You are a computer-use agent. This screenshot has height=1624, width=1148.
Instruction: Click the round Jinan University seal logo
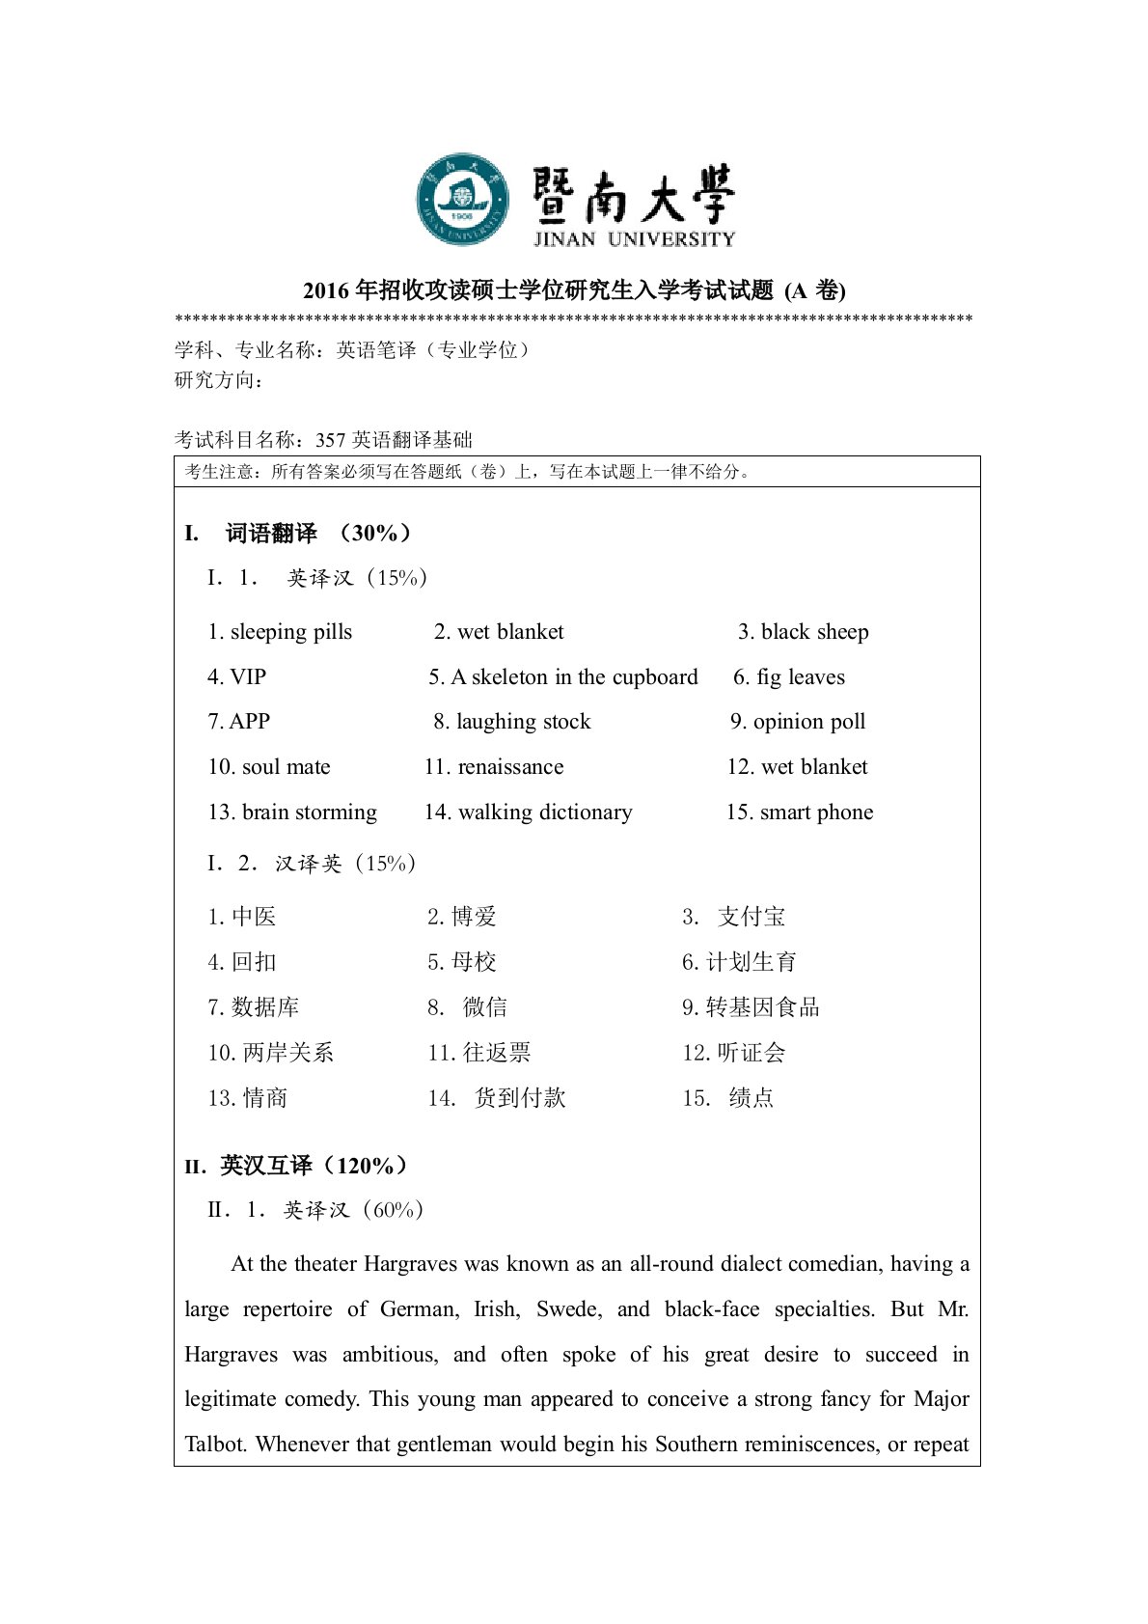pos(462,199)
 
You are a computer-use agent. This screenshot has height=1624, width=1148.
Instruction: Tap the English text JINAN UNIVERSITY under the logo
pos(634,239)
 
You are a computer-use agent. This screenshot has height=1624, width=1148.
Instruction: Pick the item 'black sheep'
pos(814,632)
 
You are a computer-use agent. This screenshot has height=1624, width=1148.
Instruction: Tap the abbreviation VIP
pos(248,677)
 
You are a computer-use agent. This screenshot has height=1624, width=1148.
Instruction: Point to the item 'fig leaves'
pos(800,677)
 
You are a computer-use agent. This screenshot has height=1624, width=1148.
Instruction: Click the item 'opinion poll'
pos(809,722)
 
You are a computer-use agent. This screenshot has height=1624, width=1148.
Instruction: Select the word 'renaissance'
pos(510,767)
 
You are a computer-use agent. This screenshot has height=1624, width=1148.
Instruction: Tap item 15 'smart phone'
pos(816,812)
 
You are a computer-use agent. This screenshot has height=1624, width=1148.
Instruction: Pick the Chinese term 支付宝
pos(752,917)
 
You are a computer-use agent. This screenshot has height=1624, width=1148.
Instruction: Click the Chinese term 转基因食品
pos(762,1007)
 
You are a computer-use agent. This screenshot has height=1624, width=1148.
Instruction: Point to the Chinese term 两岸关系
pos(287,1053)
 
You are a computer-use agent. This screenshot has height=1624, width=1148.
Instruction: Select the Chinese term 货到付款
pos(520,1098)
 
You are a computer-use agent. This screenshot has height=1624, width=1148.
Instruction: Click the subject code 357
pos(330,441)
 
